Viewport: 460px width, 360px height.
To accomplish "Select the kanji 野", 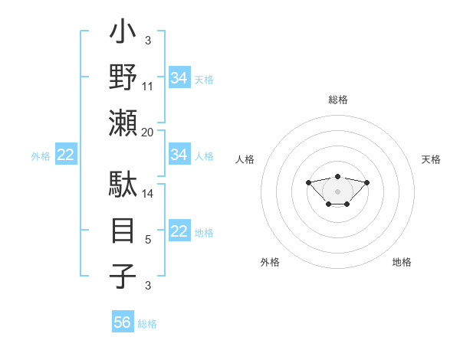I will coord(123,79).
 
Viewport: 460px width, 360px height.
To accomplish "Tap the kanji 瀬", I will coord(123,123).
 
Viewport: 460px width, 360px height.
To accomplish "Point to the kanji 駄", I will coord(123,186).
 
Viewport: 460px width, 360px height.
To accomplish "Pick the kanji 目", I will coord(123,231).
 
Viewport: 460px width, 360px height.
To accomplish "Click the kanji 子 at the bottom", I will coord(123,276).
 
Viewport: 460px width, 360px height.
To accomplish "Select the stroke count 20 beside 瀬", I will coord(148,132).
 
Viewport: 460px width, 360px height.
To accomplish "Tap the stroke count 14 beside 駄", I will coord(148,195).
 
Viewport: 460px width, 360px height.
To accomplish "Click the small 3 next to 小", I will coord(148,40).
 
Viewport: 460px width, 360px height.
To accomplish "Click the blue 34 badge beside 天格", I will coord(179,77).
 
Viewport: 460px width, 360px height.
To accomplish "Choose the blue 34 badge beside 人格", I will coord(179,155).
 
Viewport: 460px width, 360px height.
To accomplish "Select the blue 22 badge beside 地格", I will coord(179,231).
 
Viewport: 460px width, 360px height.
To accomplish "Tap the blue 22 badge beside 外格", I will coord(65,155).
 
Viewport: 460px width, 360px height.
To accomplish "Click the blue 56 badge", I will coord(123,322).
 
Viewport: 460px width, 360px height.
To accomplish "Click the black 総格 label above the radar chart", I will coord(337,100).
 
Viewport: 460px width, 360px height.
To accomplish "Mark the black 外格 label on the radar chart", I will coord(270,262).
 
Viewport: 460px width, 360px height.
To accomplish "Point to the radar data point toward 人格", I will coord(308,182).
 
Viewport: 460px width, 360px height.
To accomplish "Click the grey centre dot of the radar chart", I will coord(337,191).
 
